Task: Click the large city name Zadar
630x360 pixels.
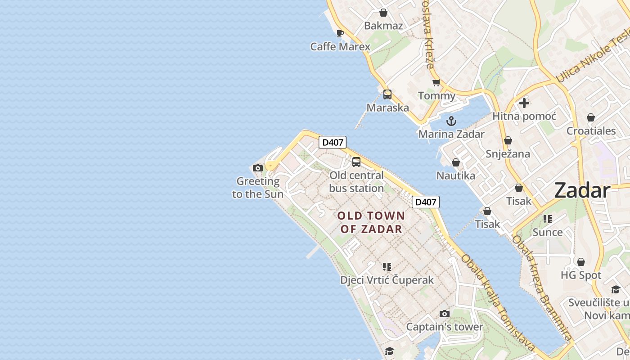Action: (x=582, y=191)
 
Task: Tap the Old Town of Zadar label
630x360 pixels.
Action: (x=371, y=222)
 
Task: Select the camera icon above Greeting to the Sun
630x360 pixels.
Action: (x=258, y=168)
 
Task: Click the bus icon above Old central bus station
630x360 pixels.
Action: (x=356, y=162)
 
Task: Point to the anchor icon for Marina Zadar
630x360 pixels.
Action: (x=451, y=121)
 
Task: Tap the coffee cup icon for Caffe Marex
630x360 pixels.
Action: (x=340, y=33)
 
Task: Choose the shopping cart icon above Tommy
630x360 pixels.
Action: (x=436, y=83)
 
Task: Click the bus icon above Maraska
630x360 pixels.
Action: (x=387, y=94)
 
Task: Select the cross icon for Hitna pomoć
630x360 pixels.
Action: (x=524, y=103)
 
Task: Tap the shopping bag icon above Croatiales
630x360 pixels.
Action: (x=591, y=117)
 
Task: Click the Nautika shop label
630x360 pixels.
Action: (x=456, y=175)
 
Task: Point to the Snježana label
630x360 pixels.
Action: (x=508, y=154)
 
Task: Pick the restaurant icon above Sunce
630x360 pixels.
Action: (x=548, y=219)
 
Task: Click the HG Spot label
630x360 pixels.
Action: (x=581, y=275)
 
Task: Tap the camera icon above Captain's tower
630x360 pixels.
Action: (x=445, y=314)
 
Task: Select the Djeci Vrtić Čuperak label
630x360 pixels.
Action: (x=387, y=280)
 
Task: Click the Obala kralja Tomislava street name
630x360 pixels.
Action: (x=498, y=302)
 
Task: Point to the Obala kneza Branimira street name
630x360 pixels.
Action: (x=542, y=288)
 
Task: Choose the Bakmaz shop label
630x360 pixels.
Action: (x=383, y=26)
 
